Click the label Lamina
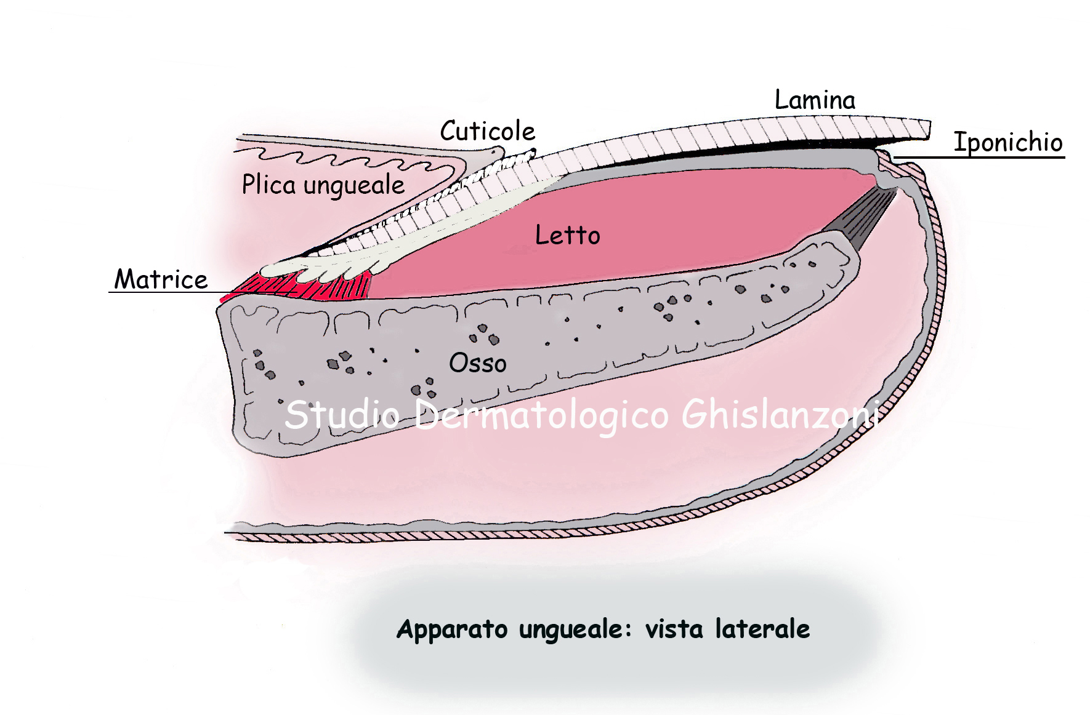click(x=814, y=100)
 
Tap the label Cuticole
click(x=487, y=131)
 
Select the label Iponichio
click(x=1007, y=142)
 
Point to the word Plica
click(x=268, y=184)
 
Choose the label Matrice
click(x=161, y=279)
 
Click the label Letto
click(x=567, y=235)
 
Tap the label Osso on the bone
click(x=477, y=363)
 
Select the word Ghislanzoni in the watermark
click(x=779, y=414)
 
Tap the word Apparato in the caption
click(x=452, y=629)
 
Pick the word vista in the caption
click(x=674, y=629)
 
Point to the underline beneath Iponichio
click(x=979, y=158)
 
